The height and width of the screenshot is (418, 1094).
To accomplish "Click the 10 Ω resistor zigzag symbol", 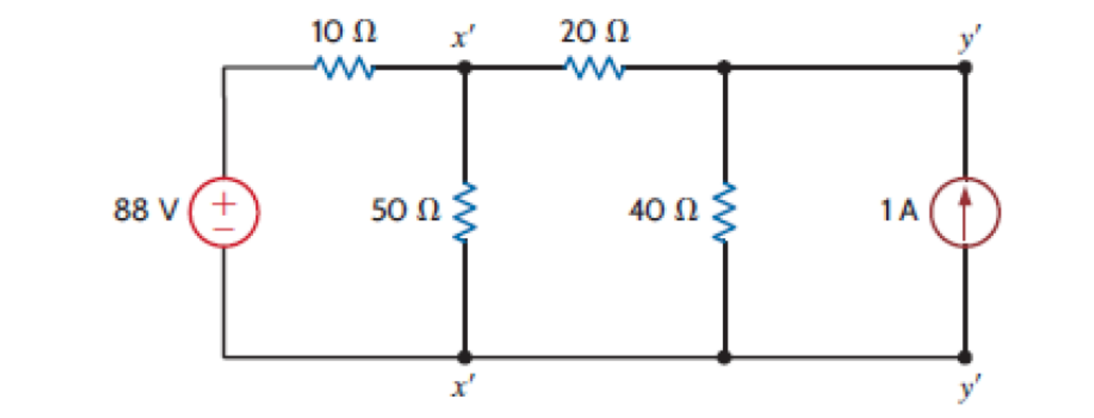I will point(345,68).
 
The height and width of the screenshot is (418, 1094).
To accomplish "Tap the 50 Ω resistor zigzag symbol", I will point(464,212).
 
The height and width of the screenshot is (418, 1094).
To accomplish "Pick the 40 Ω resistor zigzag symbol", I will point(724,212).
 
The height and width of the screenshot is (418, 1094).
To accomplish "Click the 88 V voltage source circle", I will point(223,212).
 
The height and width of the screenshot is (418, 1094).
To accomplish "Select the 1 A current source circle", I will point(965,212).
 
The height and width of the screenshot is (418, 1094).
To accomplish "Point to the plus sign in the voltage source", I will point(223,204).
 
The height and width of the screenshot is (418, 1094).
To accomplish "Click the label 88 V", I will point(145,210).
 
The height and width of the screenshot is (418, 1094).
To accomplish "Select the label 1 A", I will point(899,210).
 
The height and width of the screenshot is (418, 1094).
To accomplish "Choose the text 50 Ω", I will point(405,210).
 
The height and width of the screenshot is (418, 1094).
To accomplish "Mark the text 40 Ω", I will point(663,210).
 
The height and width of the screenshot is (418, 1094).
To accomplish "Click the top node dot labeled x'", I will point(464,68).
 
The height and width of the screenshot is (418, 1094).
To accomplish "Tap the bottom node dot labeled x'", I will point(464,357).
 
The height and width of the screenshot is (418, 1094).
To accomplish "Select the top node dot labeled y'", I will point(965,68).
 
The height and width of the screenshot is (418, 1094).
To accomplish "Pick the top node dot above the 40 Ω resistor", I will point(724,68).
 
